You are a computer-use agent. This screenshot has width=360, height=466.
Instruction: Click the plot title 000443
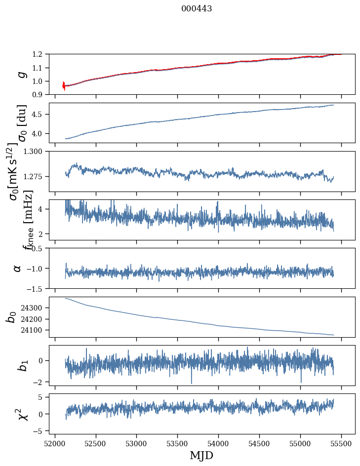197,9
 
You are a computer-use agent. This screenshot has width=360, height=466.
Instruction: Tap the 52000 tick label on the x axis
55,443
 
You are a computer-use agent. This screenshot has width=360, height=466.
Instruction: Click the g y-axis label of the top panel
21,74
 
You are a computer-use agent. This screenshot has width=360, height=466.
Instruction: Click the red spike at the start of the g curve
64,85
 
